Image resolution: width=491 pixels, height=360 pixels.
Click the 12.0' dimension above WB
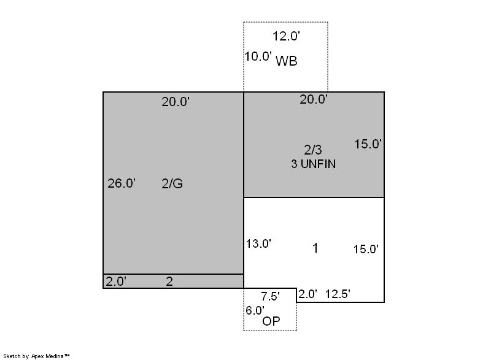point(286,36)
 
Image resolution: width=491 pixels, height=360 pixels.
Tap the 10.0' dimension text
point(258,56)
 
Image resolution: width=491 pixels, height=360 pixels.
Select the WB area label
point(286,61)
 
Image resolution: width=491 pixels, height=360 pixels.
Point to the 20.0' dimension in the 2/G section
point(176,102)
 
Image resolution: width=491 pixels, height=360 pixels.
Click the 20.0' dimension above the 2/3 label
point(314,99)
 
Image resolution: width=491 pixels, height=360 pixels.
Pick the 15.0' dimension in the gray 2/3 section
point(368,144)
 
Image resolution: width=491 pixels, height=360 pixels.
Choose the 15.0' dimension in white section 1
point(366,249)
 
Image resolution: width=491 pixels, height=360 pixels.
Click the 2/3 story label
point(313,150)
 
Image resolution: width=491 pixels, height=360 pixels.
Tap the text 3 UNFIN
point(314,164)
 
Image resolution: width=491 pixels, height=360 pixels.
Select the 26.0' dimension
point(122,183)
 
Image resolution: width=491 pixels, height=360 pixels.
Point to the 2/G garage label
point(172,183)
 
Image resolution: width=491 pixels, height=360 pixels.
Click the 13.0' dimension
point(258,243)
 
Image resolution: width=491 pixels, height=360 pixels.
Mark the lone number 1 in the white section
point(315,248)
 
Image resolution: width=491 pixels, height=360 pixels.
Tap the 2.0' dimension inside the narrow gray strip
point(116,281)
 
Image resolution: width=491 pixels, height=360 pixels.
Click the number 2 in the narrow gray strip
point(169,281)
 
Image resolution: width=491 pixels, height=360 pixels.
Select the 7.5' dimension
point(271,296)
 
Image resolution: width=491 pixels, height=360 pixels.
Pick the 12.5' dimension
point(338,294)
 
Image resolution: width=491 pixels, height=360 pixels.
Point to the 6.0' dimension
point(255,310)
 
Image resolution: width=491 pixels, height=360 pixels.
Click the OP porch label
point(271,321)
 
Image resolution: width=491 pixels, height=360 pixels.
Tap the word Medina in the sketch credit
point(55,356)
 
